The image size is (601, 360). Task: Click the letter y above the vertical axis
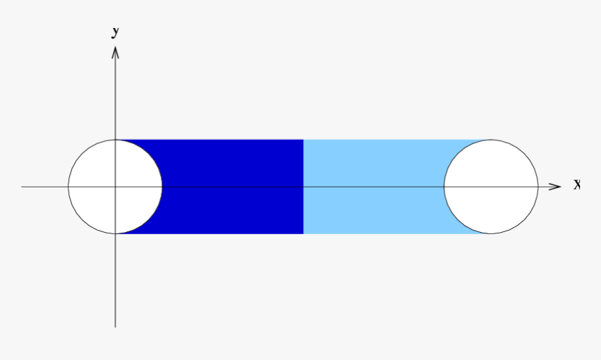[x=115, y=31]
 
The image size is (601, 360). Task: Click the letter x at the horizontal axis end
[x=577, y=185]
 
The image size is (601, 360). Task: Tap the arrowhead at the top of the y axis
[x=115, y=51]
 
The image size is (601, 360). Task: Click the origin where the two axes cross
[x=115, y=187]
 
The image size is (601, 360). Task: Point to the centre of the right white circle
[x=491, y=187]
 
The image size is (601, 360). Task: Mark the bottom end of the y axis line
[x=115, y=326]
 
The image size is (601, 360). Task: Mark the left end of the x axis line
[x=22, y=187]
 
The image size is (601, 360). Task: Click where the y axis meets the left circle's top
[x=115, y=140]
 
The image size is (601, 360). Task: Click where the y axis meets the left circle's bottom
[x=115, y=233]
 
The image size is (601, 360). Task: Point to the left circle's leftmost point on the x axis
[x=68, y=187]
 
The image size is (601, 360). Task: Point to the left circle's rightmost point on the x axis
[x=162, y=187]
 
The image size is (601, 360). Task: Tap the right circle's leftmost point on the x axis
[x=444, y=187]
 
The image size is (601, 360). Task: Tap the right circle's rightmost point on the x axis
[x=537, y=187]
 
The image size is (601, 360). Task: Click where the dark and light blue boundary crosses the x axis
[x=303, y=187]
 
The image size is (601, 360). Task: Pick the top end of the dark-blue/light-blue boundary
[x=303, y=140]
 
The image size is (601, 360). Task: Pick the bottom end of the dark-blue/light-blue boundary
[x=303, y=233]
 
